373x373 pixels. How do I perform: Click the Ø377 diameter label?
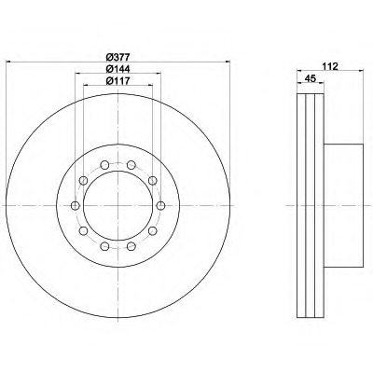117,57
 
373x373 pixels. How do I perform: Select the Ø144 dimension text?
117,69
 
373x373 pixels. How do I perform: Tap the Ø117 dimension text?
117,80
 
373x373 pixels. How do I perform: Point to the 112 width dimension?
330,66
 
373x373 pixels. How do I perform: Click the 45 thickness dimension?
310,78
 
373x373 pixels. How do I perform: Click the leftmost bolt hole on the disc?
76,205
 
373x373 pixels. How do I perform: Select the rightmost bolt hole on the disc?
160,205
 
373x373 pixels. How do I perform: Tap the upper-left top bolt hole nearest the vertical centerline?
104,164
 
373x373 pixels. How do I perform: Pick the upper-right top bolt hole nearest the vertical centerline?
131,164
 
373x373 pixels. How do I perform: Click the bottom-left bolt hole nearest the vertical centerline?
104,246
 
